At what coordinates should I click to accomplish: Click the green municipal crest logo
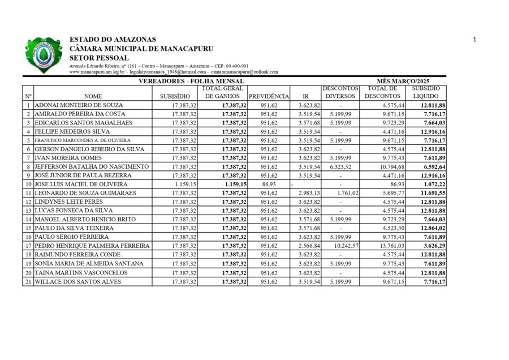pos(43,55)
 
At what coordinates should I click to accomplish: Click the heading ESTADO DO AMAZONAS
pos(113,40)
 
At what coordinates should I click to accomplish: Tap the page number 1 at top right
pos(475,40)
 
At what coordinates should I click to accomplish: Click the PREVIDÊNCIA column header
pos(269,96)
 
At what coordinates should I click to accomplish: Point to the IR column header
pos(305,96)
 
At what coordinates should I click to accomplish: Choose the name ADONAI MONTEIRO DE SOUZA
pos(79,105)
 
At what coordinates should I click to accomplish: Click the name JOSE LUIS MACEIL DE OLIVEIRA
pos(81,185)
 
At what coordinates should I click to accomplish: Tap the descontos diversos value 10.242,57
pos(346,246)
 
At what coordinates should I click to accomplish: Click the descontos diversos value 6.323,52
pos(340,167)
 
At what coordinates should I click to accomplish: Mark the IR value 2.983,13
pos(309,194)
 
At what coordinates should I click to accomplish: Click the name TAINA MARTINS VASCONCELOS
pos(81,273)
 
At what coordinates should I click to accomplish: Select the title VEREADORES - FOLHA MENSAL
pos(192,82)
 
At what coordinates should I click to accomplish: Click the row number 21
pos(28,281)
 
